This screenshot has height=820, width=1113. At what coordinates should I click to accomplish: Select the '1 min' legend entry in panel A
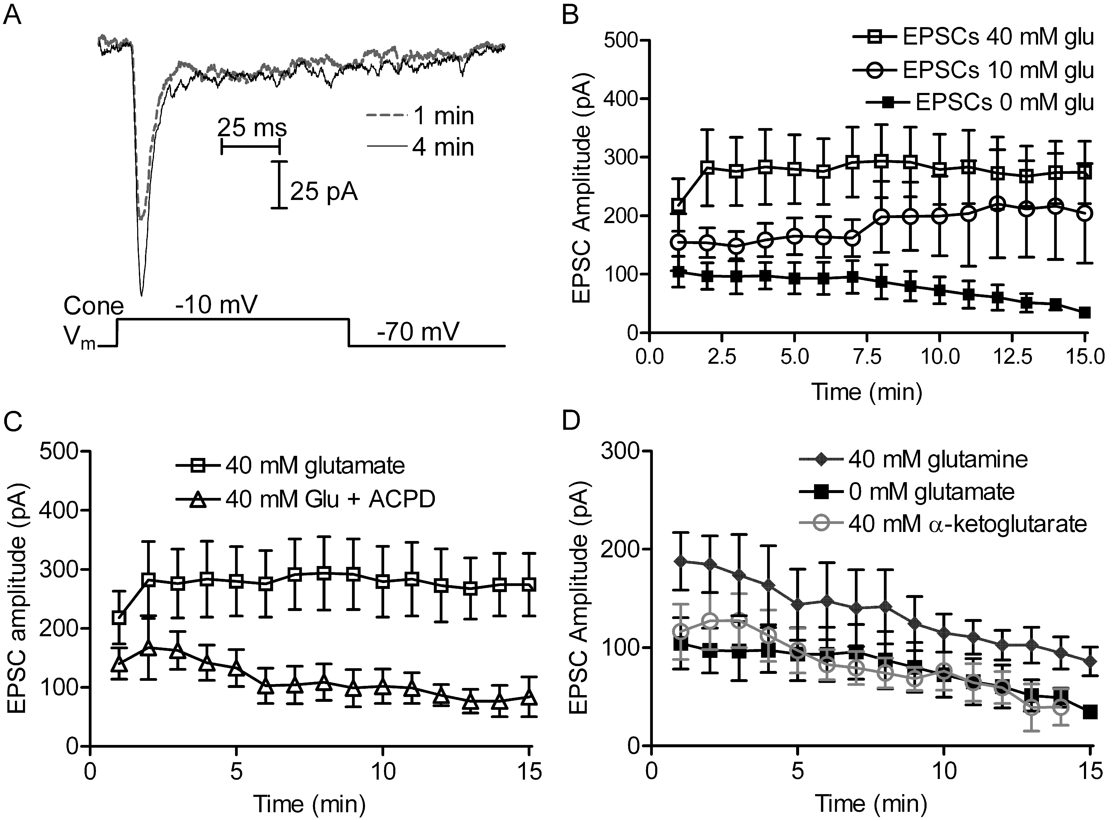tap(444, 116)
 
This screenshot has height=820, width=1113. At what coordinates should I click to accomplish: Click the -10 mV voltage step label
tap(216, 304)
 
